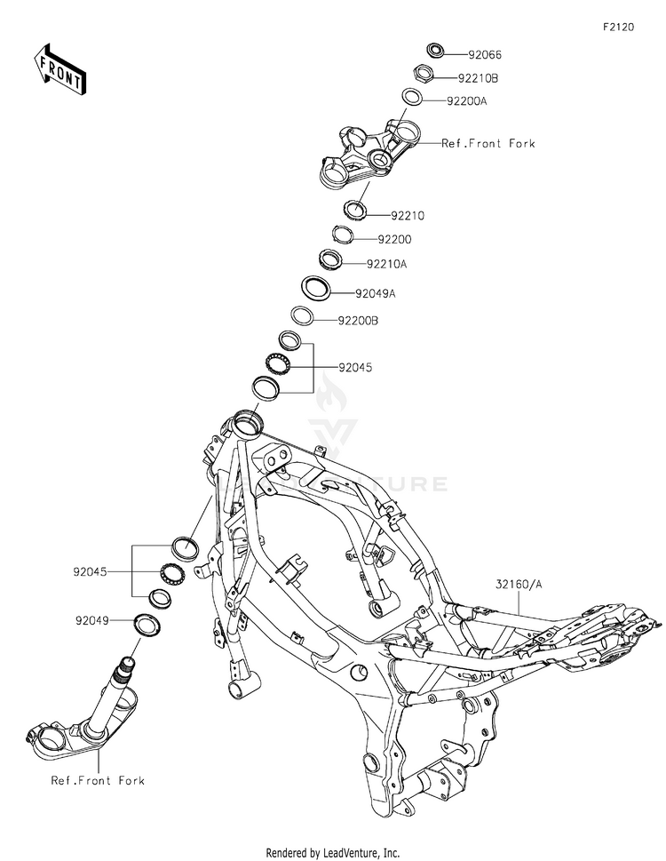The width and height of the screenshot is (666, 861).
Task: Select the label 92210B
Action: tap(479, 78)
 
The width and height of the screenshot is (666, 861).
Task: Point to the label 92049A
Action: tap(375, 292)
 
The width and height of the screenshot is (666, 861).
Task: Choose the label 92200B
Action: tap(358, 321)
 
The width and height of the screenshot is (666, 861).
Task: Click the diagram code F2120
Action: tap(619, 28)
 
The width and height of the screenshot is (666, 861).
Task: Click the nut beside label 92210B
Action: tap(424, 73)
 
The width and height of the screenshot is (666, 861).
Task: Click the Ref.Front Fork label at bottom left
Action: tap(98, 781)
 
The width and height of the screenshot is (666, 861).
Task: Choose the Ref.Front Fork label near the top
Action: tap(488, 143)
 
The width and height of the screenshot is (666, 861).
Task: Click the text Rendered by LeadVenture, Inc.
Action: tap(333, 852)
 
